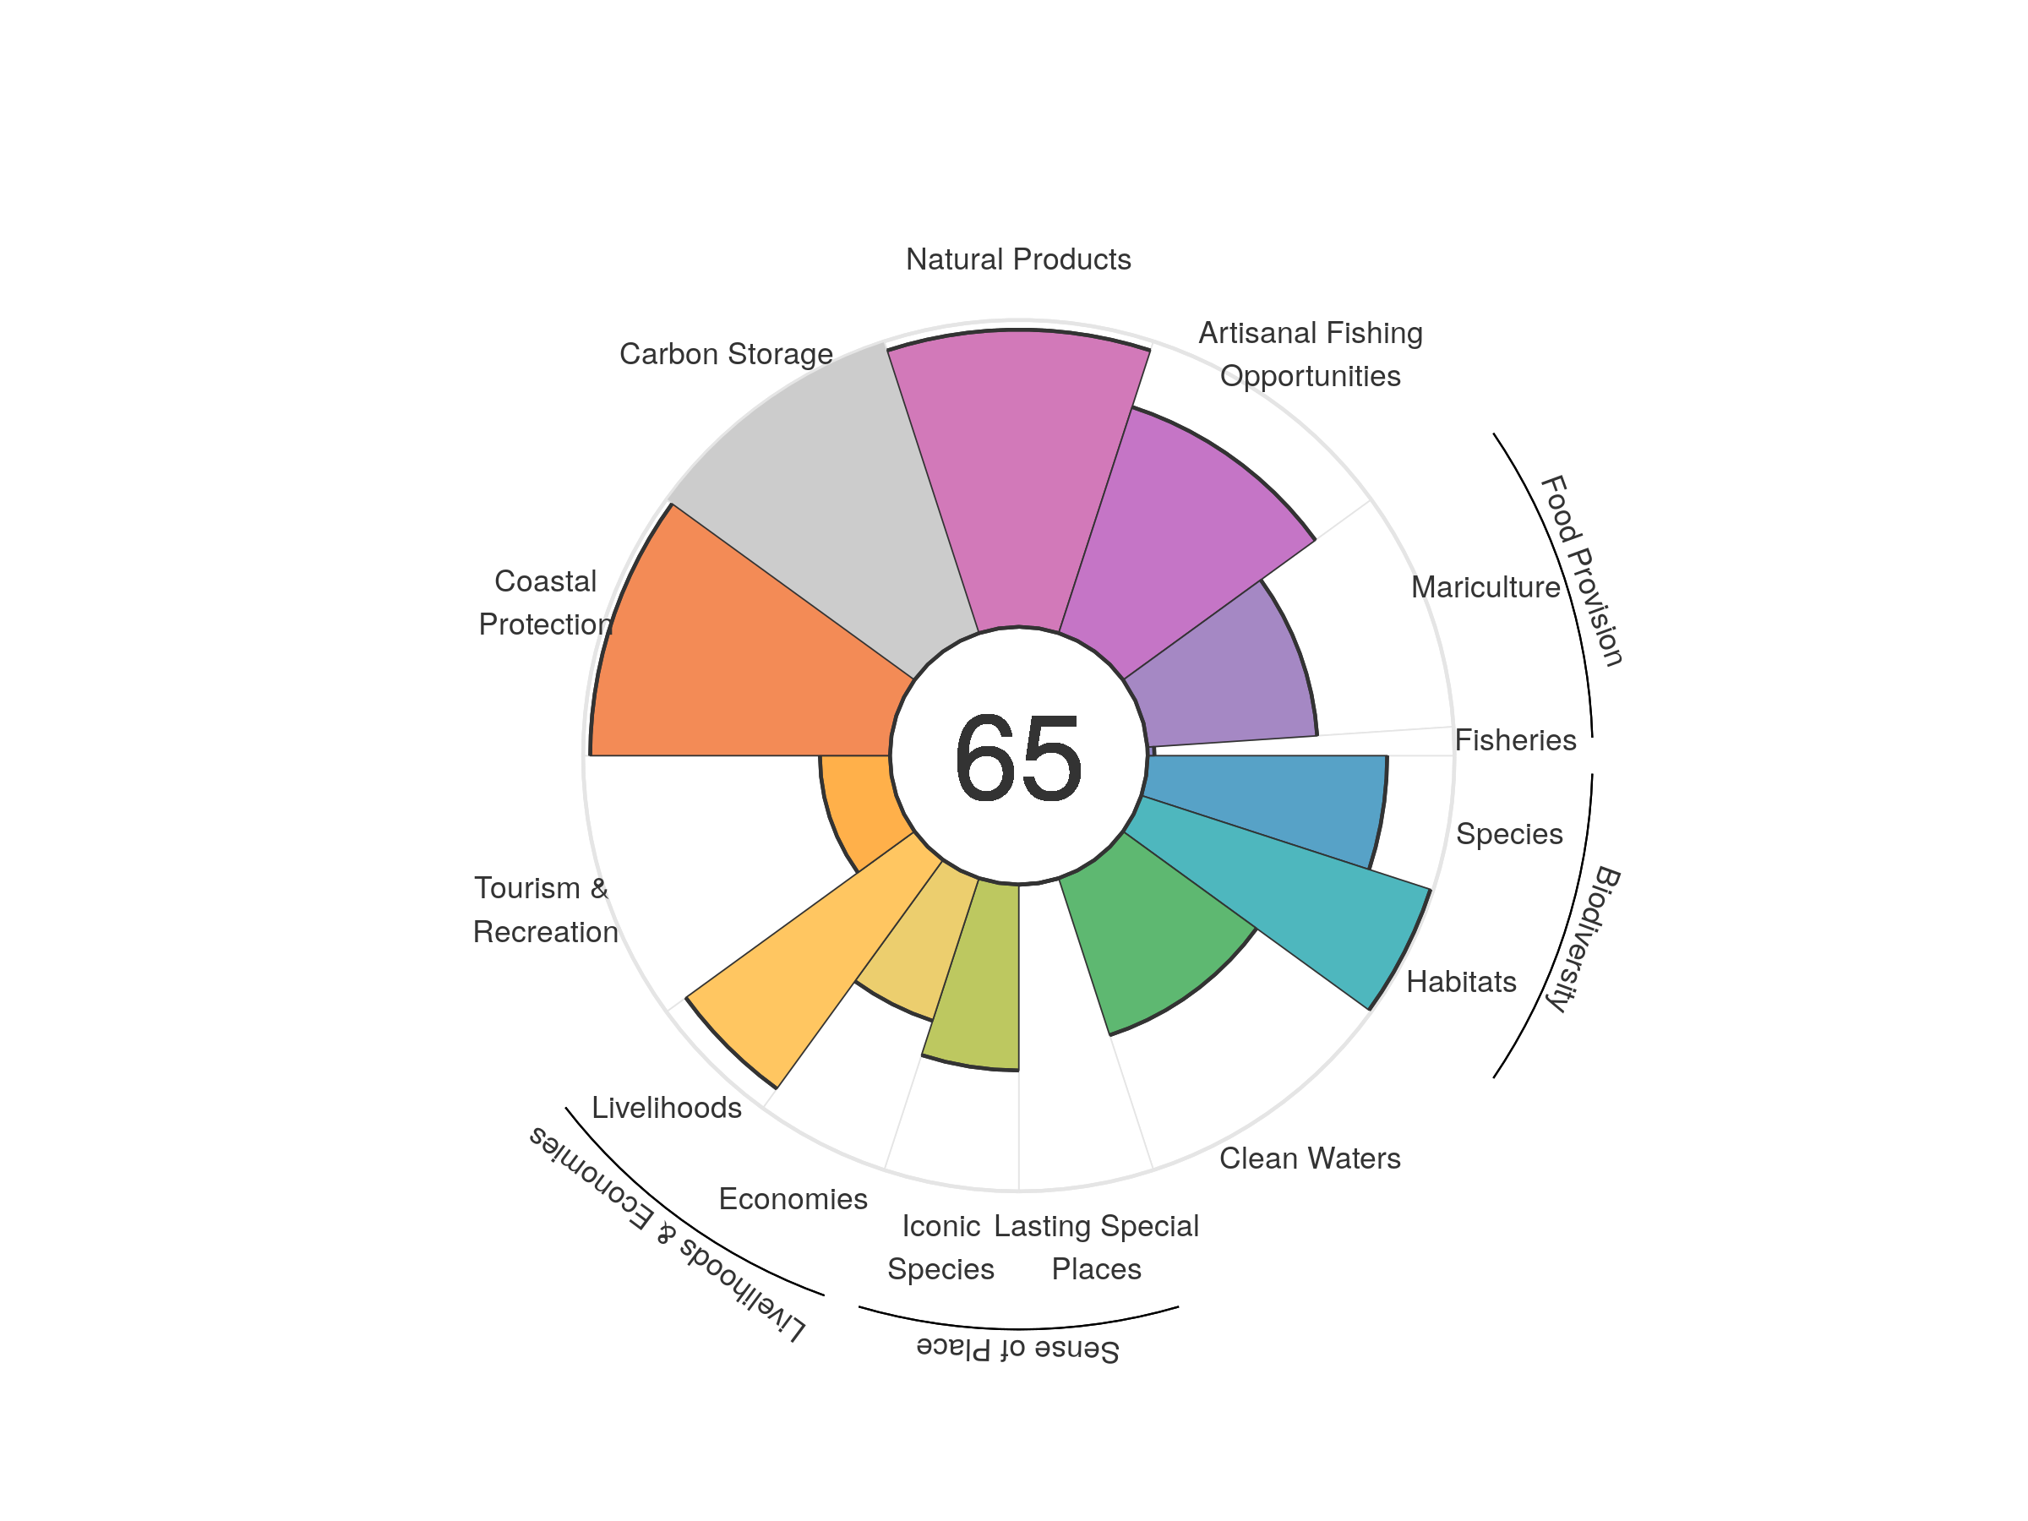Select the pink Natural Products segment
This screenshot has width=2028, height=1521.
1017,477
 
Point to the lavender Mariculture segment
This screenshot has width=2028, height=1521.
1229,679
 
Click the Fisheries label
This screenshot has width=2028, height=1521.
1514,740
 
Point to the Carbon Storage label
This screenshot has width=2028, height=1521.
726,354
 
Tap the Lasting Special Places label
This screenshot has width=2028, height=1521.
1097,1247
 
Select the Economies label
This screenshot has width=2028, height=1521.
793,1198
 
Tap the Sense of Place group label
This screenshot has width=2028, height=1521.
1017,1349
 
